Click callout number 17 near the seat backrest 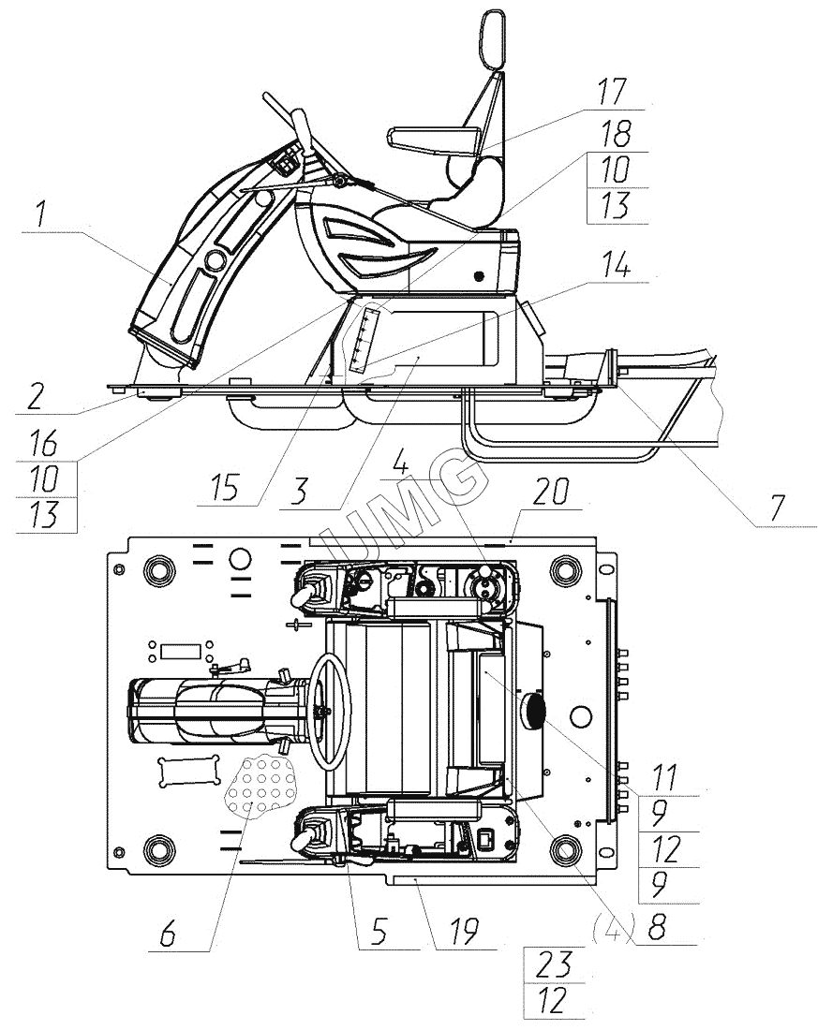point(612,92)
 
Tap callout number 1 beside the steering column point(41,214)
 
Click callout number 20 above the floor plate point(550,492)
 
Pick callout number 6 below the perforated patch point(169,933)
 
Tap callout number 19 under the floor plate point(464,932)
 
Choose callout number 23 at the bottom point(555,965)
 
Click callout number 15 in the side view point(225,488)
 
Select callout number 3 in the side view point(300,491)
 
